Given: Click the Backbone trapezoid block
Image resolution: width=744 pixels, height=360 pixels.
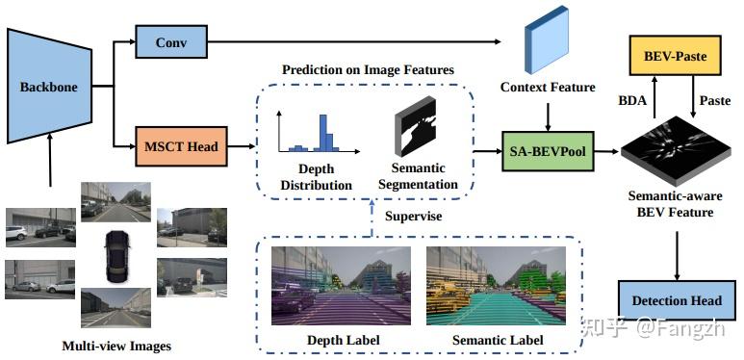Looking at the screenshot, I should point(47,87).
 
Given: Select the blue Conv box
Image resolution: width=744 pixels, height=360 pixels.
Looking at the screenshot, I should point(171,41).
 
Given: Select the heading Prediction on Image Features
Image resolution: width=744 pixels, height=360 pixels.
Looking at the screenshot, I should point(368,70).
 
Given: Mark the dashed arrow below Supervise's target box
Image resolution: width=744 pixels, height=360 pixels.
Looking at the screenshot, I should point(372,217).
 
